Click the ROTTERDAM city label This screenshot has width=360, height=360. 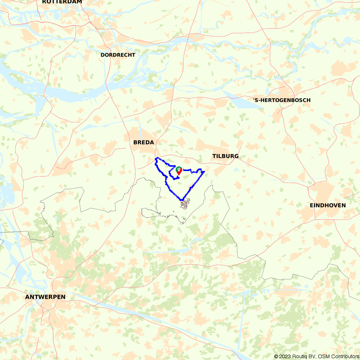click(x=62, y=2)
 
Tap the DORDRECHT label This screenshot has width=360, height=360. click(x=118, y=55)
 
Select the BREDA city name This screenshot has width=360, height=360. click(x=144, y=143)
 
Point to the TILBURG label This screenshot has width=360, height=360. click(x=225, y=156)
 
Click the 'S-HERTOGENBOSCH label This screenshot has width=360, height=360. click(x=282, y=100)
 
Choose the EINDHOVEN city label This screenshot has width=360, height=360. click(x=328, y=206)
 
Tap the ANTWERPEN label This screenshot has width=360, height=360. click(x=45, y=297)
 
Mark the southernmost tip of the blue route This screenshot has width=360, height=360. click(x=182, y=200)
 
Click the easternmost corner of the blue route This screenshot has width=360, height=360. click(x=204, y=172)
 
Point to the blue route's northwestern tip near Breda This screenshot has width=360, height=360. click(x=156, y=158)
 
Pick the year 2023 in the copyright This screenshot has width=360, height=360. click(x=285, y=356)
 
